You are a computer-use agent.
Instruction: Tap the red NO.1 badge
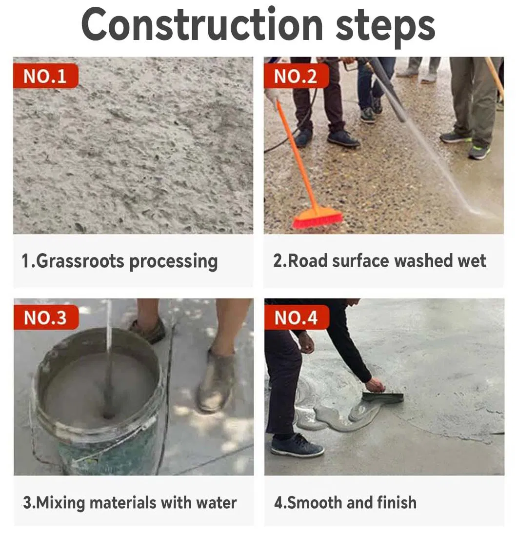[45, 76]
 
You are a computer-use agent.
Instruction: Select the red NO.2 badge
[296, 76]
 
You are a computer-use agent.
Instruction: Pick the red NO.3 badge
[45, 317]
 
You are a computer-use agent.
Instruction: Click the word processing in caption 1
[173, 262]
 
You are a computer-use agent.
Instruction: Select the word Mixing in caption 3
[63, 502]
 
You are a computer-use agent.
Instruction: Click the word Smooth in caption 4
[314, 502]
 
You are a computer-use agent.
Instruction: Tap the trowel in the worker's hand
[383, 397]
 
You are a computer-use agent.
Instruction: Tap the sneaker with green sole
[479, 152]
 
